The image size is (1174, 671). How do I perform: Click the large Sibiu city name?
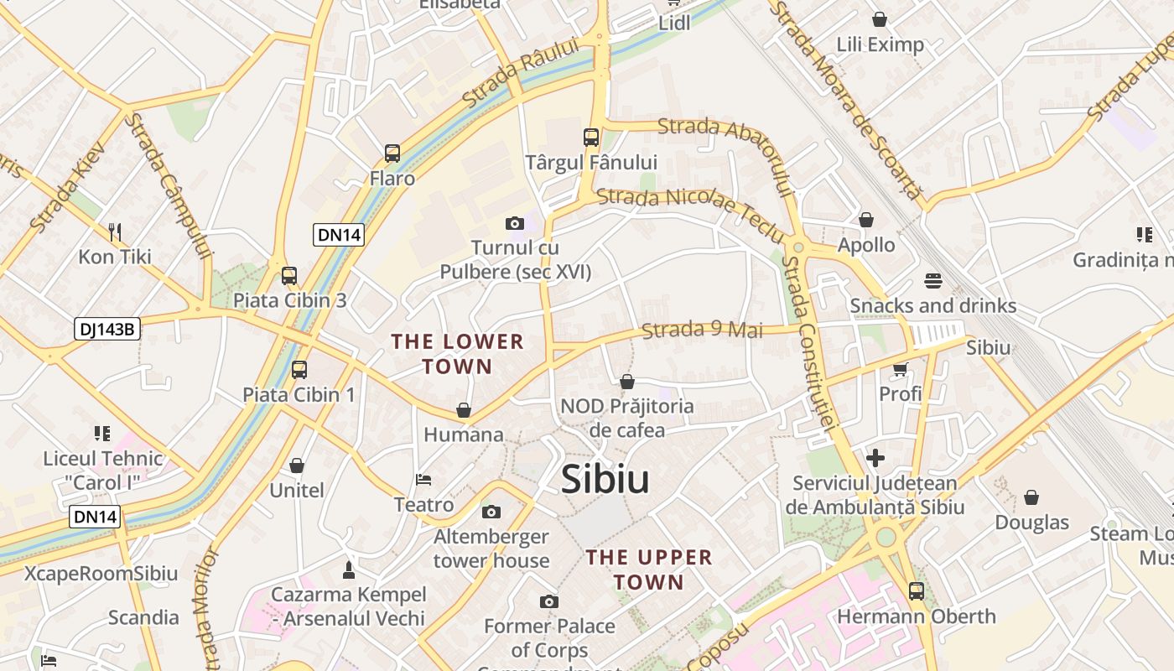tap(605, 479)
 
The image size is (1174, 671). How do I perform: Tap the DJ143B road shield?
tap(106, 329)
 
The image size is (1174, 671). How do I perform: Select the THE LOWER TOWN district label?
tap(457, 354)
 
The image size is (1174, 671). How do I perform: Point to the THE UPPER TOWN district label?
tap(649, 570)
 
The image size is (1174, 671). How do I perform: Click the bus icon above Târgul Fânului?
tap(591, 137)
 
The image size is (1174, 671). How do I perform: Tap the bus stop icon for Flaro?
tap(392, 153)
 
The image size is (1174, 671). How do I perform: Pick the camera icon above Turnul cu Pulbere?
tap(515, 223)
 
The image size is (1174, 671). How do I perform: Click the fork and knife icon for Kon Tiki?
tap(115, 231)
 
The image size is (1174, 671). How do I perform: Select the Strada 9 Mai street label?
tap(702, 329)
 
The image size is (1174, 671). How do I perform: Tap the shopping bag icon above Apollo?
tap(866, 220)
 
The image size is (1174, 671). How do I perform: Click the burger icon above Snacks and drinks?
tap(933, 280)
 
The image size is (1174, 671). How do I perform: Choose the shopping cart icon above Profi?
tap(901, 368)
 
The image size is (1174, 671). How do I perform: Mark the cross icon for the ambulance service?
tap(875, 458)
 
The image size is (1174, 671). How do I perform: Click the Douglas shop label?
tap(1031, 523)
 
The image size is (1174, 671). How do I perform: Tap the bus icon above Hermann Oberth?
tap(917, 590)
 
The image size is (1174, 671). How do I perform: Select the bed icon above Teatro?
tap(423, 480)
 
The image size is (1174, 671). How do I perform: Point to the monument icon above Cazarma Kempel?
tap(349, 570)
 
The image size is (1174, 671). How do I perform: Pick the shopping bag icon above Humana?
tap(464, 410)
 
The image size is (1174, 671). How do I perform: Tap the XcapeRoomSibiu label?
tap(101, 574)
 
